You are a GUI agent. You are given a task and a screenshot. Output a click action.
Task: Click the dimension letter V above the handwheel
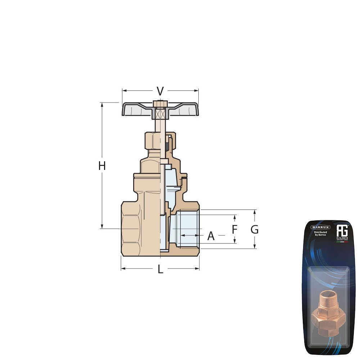click(x=160, y=91)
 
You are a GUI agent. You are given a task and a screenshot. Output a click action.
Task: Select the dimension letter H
click(x=102, y=166)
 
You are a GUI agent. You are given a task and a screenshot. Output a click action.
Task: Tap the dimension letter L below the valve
click(x=160, y=269)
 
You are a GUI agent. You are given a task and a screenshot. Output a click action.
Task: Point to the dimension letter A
click(x=211, y=236)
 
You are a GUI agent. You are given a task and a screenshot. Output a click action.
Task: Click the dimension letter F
click(x=234, y=229)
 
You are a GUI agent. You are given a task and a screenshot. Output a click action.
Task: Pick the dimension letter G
click(x=255, y=229)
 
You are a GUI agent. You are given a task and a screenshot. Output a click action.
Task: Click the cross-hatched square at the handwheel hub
click(x=160, y=114)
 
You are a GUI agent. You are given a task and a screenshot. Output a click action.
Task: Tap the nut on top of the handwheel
click(x=160, y=104)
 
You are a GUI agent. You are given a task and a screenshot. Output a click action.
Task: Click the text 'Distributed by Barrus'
click(x=320, y=234)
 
